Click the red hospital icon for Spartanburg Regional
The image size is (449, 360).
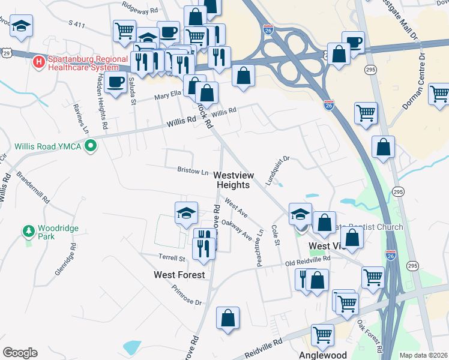(39, 61)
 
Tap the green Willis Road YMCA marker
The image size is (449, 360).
(91, 146)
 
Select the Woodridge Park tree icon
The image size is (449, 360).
(28, 230)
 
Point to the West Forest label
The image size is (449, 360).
(179, 275)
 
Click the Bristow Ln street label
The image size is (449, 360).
(193, 171)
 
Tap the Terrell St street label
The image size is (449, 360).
(172, 258)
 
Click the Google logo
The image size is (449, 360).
(20, 353)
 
